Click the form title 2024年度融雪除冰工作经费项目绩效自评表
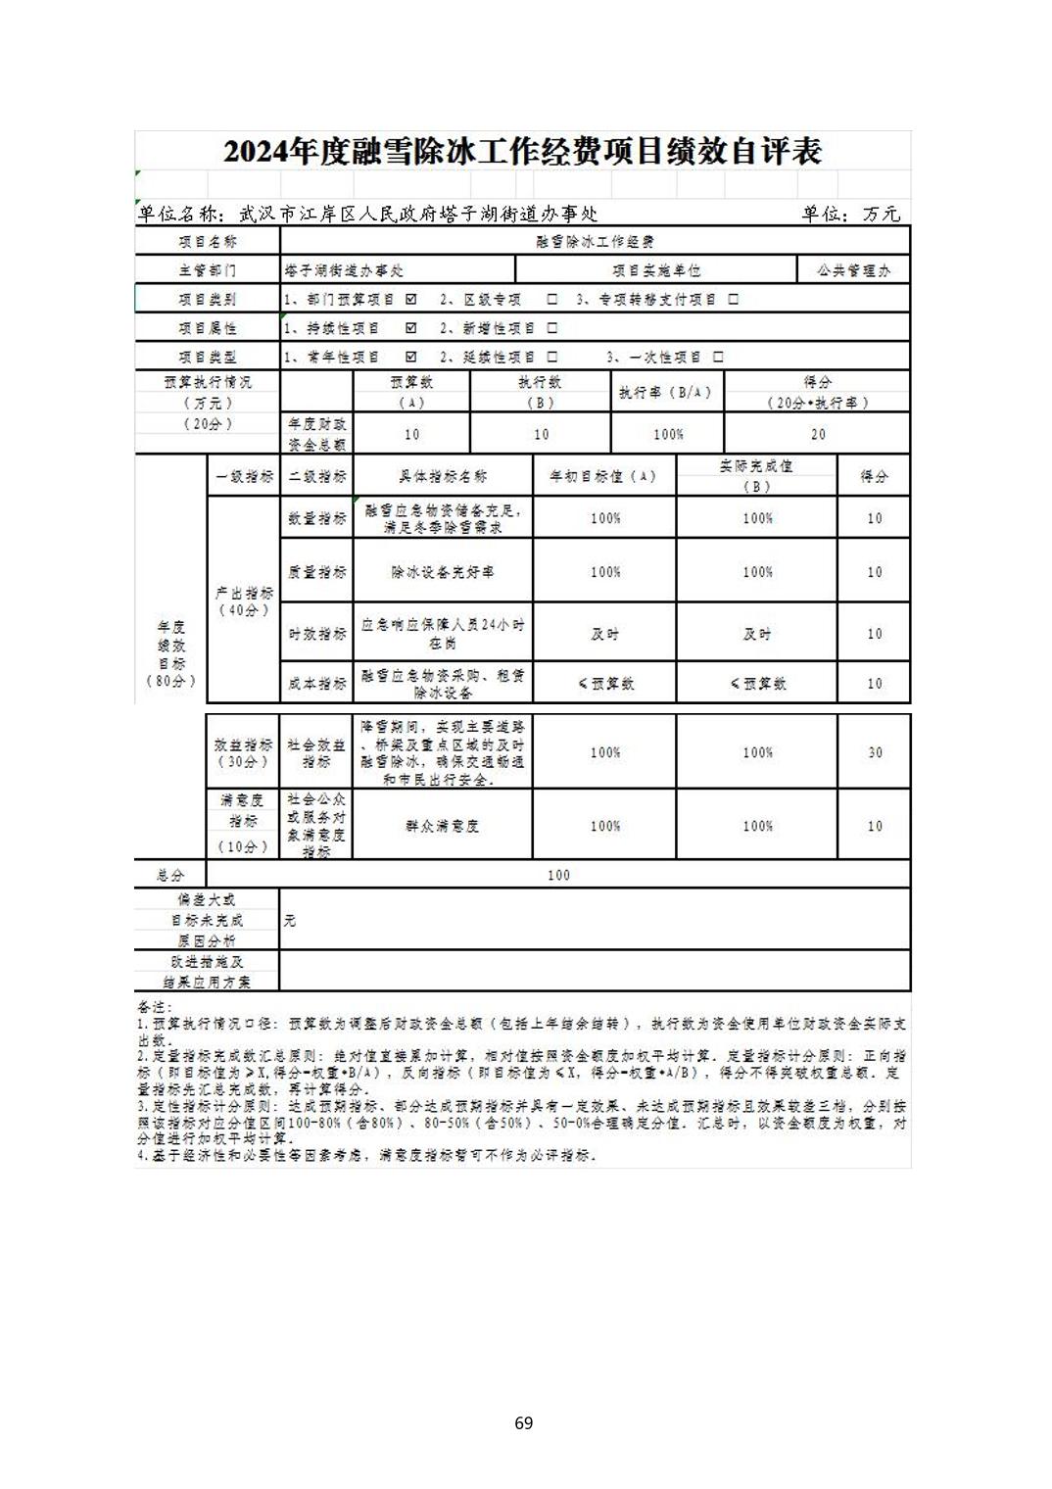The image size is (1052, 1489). (522, 151)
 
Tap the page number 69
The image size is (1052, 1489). (523, 1422)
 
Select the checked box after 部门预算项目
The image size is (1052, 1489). (411, 299)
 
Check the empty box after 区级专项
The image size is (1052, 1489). (552, 299)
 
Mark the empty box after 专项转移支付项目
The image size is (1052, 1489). (733, 299)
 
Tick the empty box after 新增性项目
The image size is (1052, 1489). (552, 328)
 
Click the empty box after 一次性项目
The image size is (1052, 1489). (718, 357)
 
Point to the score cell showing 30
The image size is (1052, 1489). (875, 752)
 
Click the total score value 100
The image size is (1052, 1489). (558, 875)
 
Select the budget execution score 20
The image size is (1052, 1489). (818, 434)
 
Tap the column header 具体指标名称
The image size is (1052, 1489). (442, 476)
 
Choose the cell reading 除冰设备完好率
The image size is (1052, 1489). (442, 572)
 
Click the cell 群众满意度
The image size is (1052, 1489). (442, 826)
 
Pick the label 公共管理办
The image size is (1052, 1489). (854, 270)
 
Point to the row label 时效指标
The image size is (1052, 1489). (316, 634)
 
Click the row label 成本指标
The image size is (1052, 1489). (316, 684)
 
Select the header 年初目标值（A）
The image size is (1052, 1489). (603, 476)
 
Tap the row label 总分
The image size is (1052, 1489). (170, 875)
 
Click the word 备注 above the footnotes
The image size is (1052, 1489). (154, 1007)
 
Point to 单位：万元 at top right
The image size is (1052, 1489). (850, 214)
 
